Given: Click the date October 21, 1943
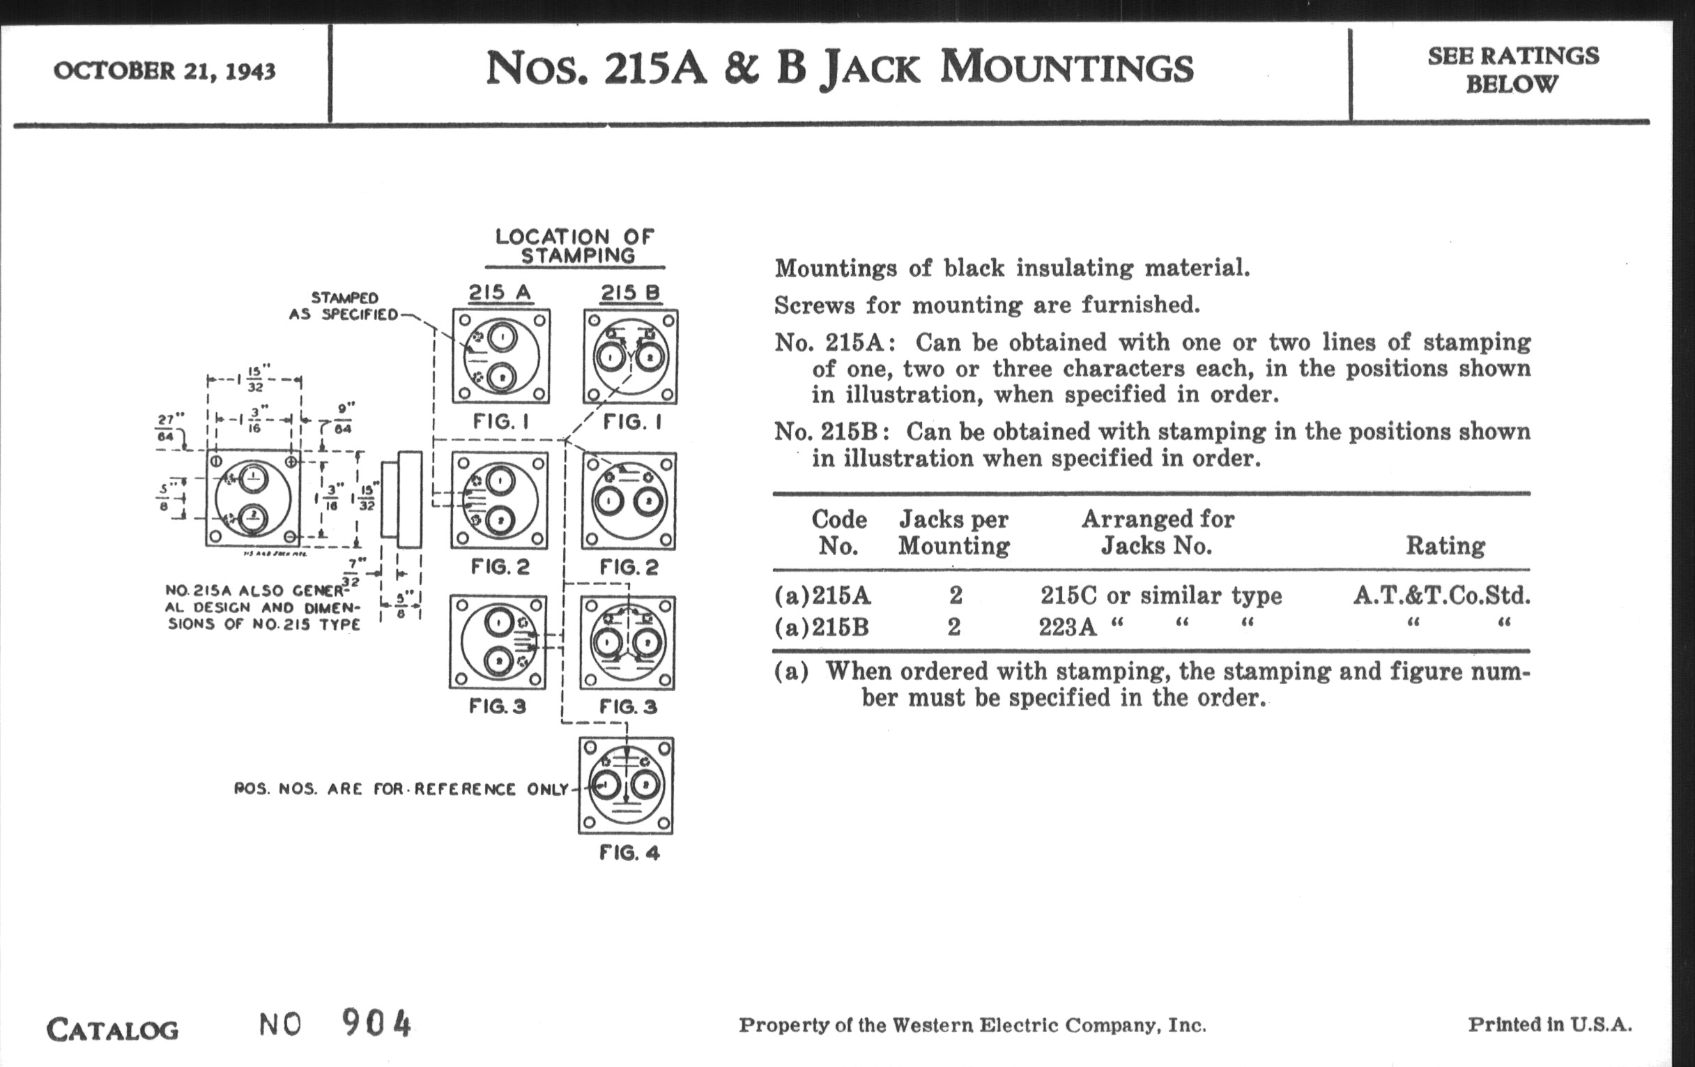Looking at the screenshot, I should pos(164,71).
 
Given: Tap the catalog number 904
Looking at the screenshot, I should pos(376,1023).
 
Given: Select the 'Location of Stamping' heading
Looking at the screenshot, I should pos(574,245).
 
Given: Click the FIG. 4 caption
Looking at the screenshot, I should pos(629,854).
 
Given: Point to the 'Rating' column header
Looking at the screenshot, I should pos(1445,546).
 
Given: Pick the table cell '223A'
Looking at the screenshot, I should pos(1067,626).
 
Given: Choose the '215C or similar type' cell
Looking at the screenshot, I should pos(1160,596).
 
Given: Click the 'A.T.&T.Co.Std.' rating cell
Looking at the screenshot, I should pos(1441,596).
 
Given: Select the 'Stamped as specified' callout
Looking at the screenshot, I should pos(344,306).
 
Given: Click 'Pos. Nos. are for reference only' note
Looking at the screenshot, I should pos(401,789).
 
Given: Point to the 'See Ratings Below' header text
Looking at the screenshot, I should pos(1512,70).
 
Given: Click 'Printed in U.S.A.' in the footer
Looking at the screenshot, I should pos(1549,1024).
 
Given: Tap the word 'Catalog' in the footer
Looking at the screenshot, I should pos(113,1030).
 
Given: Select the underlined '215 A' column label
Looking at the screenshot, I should pos(500,292).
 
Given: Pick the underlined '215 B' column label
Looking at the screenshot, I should pos(630,292).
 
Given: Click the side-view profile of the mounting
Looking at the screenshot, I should pos(402,499).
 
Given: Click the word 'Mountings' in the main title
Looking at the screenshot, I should pos(1066,68).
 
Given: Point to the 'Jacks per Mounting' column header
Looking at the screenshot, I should pos(954,532).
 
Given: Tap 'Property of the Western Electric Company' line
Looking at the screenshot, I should pos(972,1024).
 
